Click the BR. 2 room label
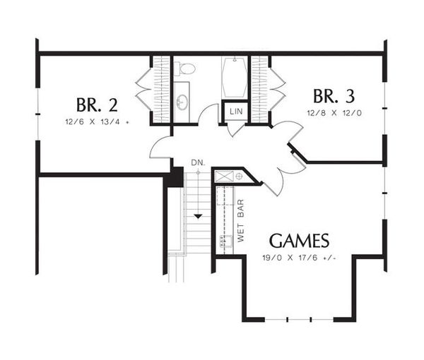point(98,105)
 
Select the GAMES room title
point(298,240)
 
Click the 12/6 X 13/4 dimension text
point(95,122)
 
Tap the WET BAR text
point(241,220)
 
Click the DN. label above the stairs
point(198,162)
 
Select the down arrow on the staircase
point(199,215)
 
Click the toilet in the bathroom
point(185,69)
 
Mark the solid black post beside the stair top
point(175,178)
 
